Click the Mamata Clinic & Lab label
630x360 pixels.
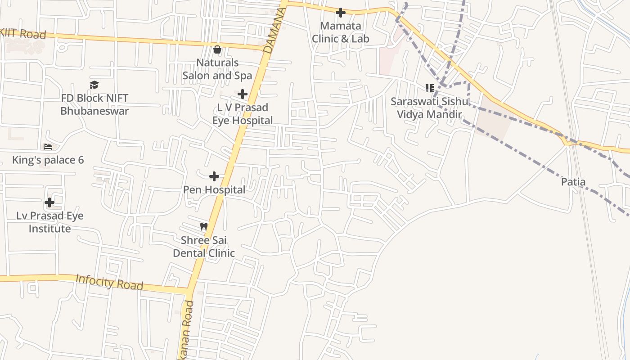pyautogui.click(x=341, y=32)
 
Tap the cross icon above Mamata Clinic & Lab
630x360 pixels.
pyautogui.click(x=341, y=13)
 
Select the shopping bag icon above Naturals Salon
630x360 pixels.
pyautogui.click(x=217, y=49)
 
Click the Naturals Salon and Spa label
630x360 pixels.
pyautogui.click(x=217, y=69)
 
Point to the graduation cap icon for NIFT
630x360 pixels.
pyautogui.click(x=94, y=85)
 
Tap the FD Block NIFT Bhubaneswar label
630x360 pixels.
pyautogui.click(x=94, y=104)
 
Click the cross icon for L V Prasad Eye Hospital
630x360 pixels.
pyautogui.click(x=243, y=94)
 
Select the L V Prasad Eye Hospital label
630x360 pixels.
pyautogui.click(x=243, y=114)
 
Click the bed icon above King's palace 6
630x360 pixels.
pyautogui.click(x=48, y=147)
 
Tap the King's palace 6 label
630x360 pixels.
pyautogui.click(x=48, y=160)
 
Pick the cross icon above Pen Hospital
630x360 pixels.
pyautogui.click(x=214, y=176)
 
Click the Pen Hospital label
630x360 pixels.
pyautogui.click(x=214, y=190)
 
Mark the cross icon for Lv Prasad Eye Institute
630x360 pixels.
pyautogui.click(x=49, y=202)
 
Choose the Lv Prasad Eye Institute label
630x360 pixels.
pyautogui.click(x=49, y=222)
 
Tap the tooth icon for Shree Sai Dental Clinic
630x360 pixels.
pyautogui.click(x=204, y=227)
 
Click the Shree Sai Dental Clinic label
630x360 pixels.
pyautogui.click(x=204, y=247)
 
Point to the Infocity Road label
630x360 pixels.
pyautogui.click(x=109, y=282)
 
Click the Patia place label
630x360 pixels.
pyautogui.click(x=573, y=182)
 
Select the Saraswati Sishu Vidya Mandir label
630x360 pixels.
pyautogui.click(x=429, y=108)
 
